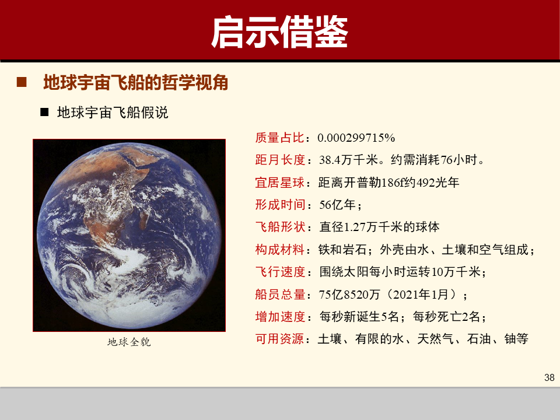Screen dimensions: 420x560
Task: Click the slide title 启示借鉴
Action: (279, 32)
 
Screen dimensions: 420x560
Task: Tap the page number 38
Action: (549, 377)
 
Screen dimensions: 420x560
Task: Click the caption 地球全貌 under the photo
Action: (129, 342)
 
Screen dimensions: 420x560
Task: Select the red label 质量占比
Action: (280, 138)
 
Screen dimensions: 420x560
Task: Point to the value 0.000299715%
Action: (356, 138)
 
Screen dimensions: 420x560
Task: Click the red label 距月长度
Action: (280, 160)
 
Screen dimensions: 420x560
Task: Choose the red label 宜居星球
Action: (280, 183)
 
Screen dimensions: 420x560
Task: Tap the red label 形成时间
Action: (280, 205)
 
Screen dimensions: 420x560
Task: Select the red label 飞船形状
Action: (280, 227)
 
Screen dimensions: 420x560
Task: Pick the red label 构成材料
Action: (280, 250)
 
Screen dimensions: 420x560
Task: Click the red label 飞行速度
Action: (280, 272)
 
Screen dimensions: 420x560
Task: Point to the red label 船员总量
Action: (280, 294)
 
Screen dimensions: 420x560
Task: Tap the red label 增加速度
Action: (280, 317)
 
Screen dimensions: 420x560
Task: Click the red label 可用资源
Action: (280, 339)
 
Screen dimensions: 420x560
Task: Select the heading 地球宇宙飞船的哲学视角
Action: (135, 83)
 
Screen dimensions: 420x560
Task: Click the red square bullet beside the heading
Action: (22, 83)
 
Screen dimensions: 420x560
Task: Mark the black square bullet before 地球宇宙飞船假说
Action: (44, 113)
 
